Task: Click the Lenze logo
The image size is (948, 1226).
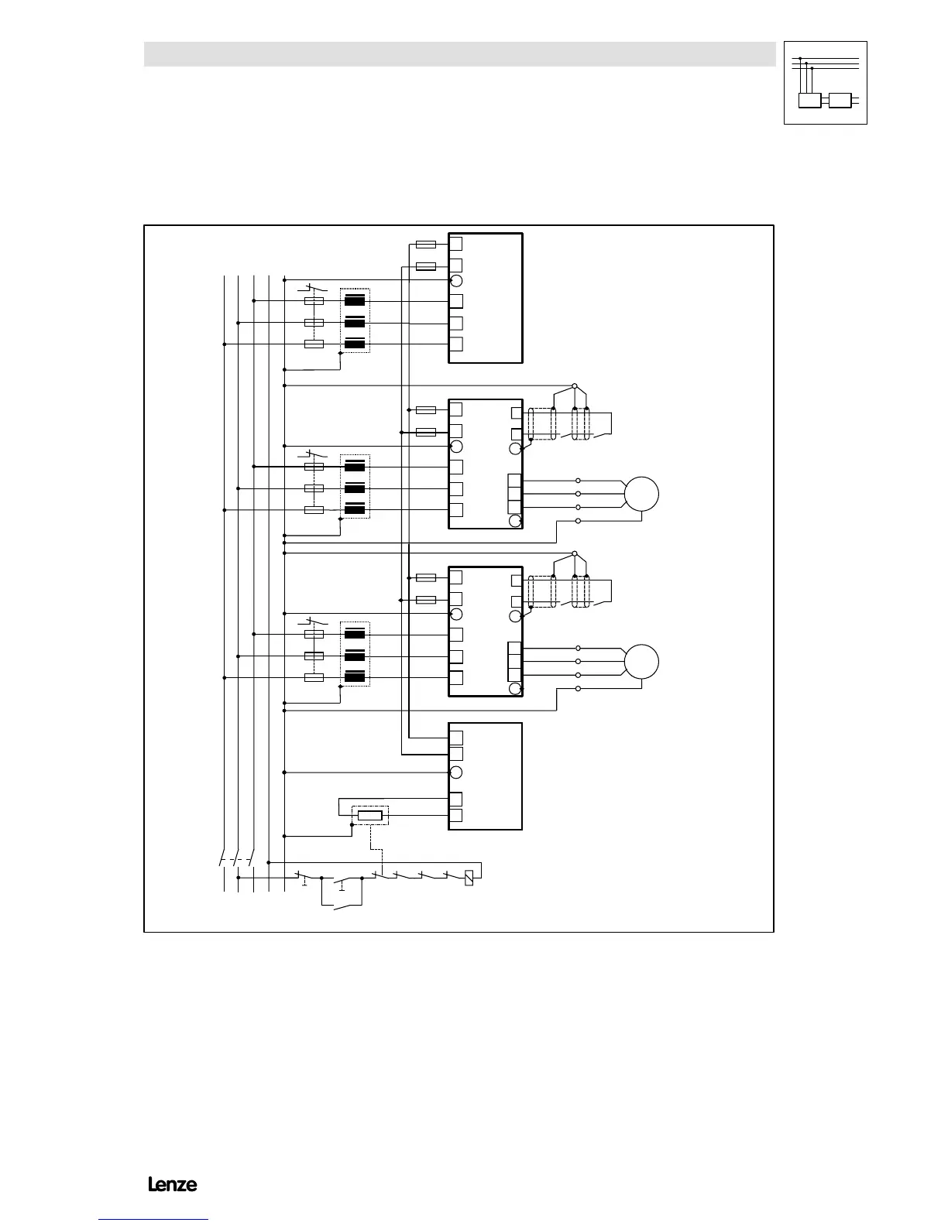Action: coord(173,1184)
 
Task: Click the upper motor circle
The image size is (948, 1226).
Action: coord(641,494)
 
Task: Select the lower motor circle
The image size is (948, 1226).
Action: coord(641,662)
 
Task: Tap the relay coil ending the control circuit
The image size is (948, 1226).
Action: coord(469,878)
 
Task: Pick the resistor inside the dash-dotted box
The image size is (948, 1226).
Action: coord(370,815)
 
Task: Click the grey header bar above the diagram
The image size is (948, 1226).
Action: coord(459,54)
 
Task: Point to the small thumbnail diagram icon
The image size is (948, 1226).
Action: coord(825,83)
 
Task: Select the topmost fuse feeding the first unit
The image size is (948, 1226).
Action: coord(426,245)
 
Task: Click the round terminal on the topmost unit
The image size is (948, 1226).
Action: coord(456,280)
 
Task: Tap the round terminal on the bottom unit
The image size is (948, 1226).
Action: coord(456,772)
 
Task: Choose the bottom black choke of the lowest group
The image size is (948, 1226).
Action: coord(355,677)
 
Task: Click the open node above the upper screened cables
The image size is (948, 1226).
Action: coord(574,385)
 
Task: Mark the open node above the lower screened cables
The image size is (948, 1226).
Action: coord(574,553)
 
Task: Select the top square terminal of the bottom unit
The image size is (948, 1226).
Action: coord(456,737)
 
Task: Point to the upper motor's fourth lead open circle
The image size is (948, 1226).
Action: coord(579,521)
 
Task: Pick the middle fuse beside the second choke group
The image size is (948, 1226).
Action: coord(314,488)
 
